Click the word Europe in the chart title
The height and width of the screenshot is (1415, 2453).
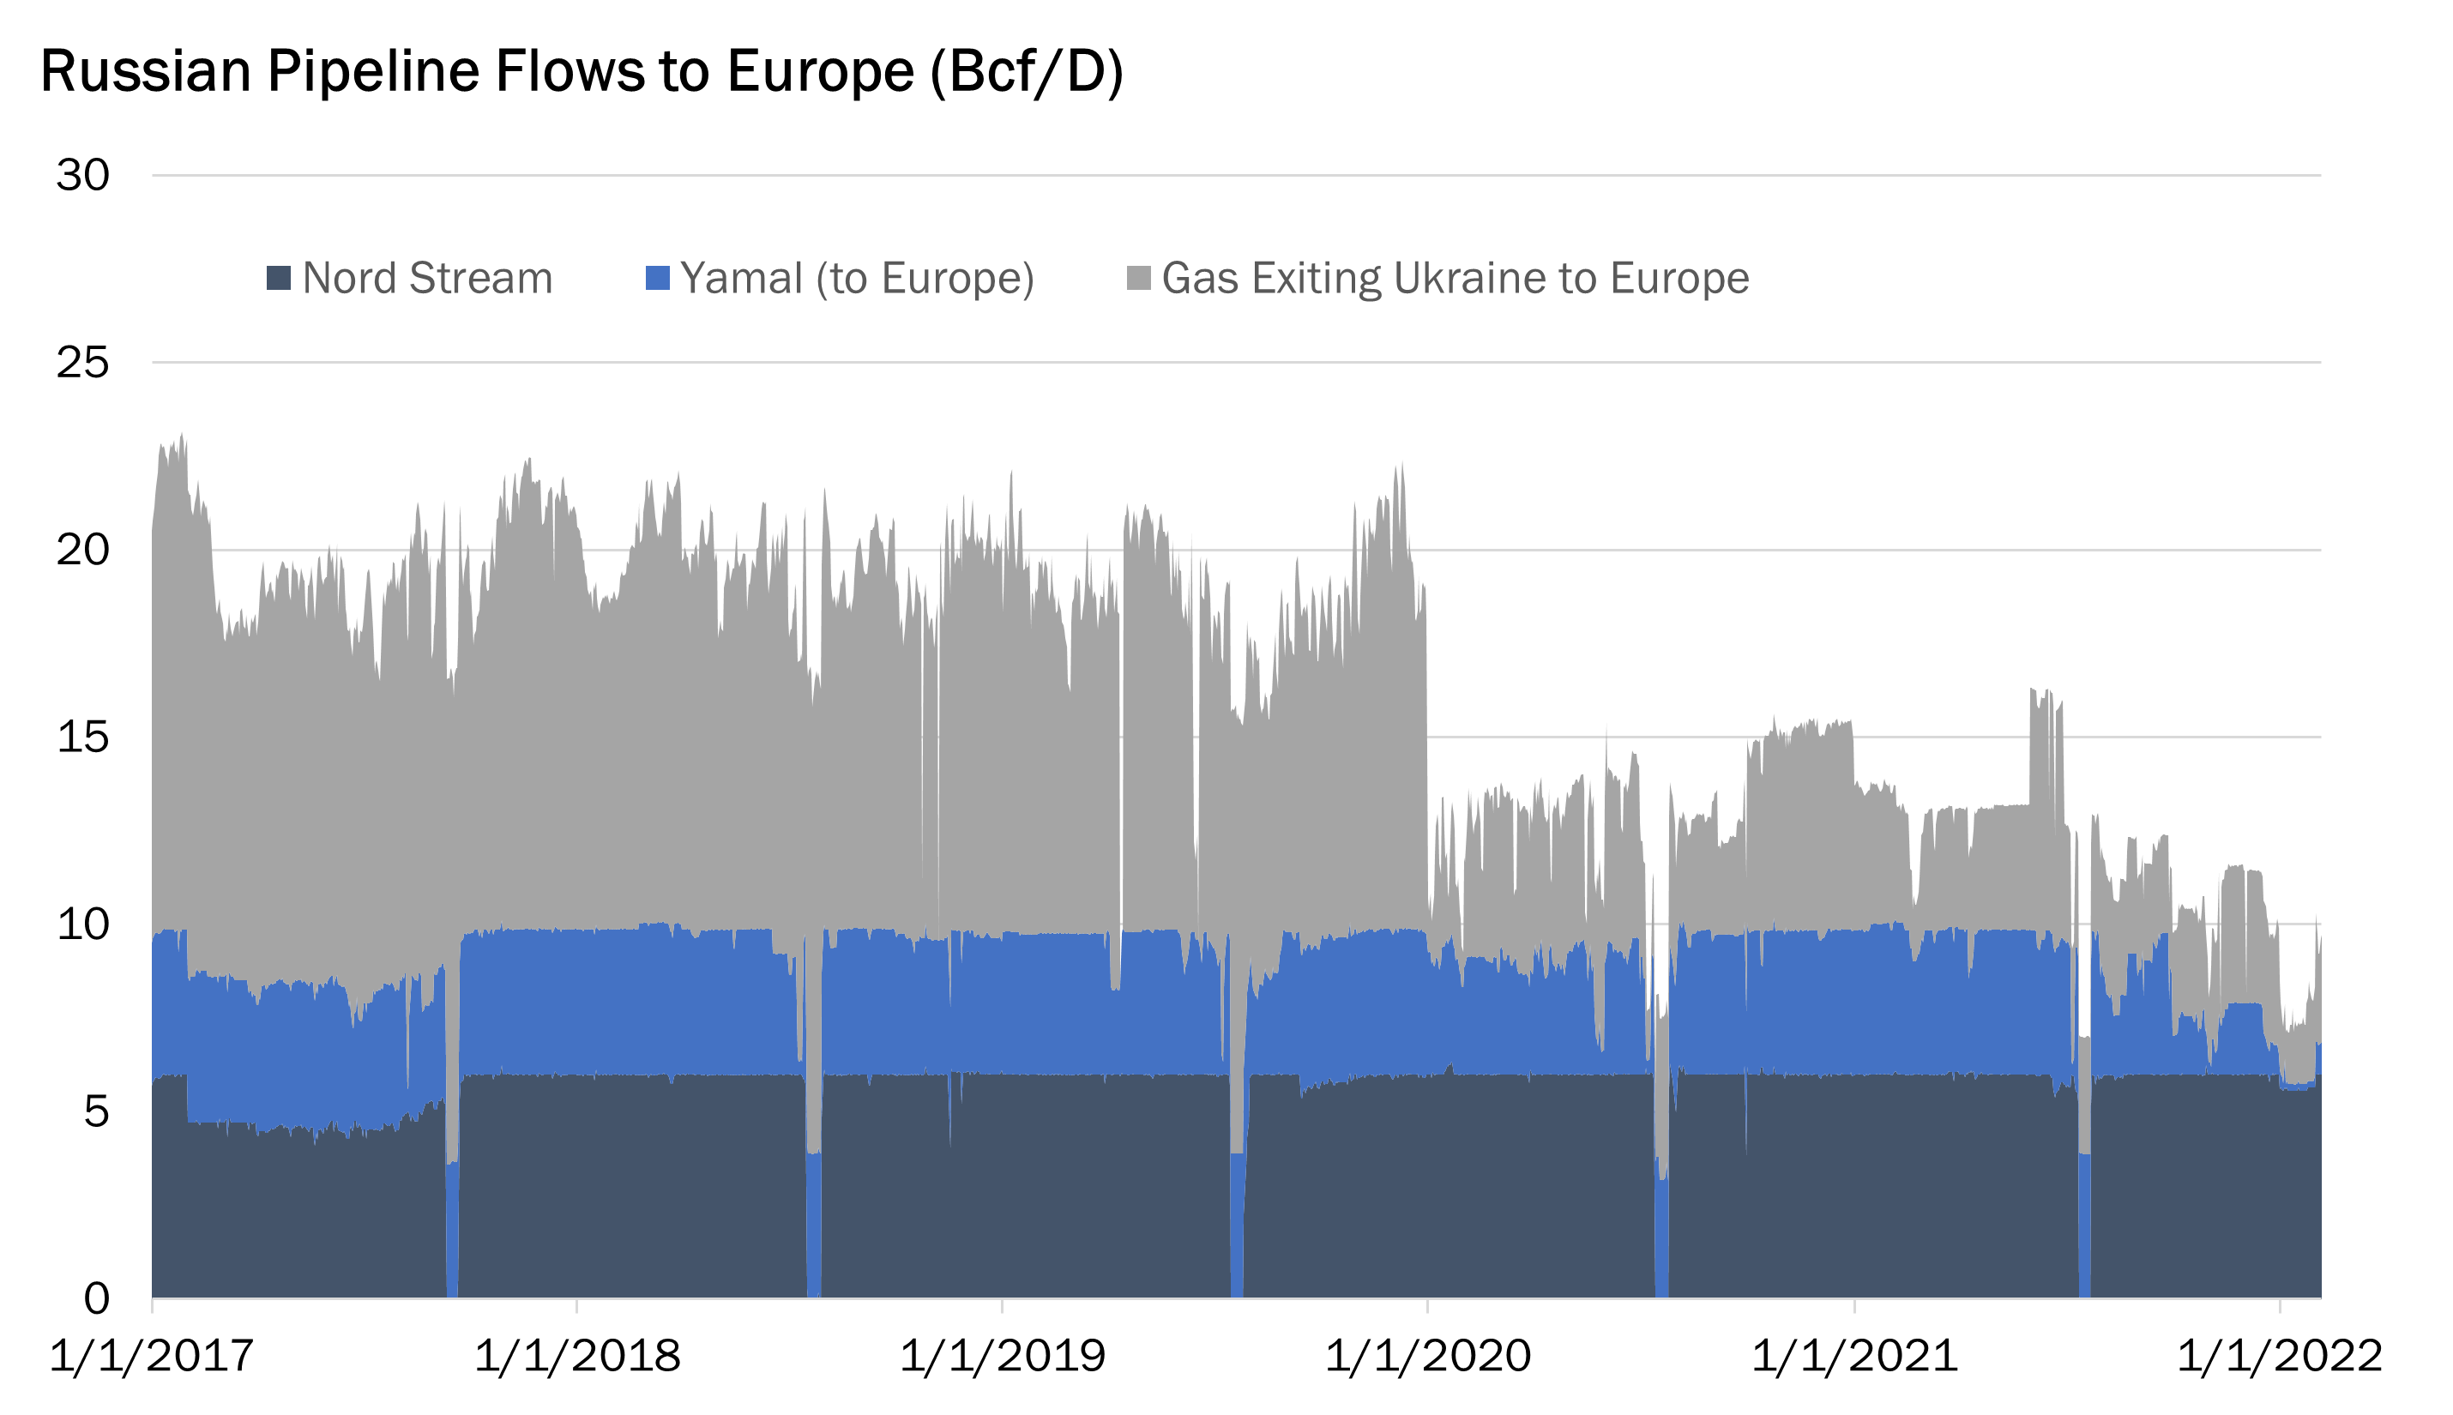coord(819,72)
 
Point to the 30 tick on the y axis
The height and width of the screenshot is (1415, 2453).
coord(82,176)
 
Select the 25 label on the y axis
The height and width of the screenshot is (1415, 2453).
coord(82,364)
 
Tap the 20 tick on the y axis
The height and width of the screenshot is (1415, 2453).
coord(82,550)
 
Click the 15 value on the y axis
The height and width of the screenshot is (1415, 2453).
coord(82,738)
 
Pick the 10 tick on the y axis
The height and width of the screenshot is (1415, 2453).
coord(82,924)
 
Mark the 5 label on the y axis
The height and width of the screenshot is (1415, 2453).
coord(96,1111)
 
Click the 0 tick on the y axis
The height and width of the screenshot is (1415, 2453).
coord(96,1298)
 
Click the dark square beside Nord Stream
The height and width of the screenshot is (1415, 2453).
coord(279,278)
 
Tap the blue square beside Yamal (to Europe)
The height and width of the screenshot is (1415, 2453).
coord(658,278)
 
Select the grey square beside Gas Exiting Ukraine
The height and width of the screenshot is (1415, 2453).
coord(1139,278)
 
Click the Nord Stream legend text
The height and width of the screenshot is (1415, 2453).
coord(428,278)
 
